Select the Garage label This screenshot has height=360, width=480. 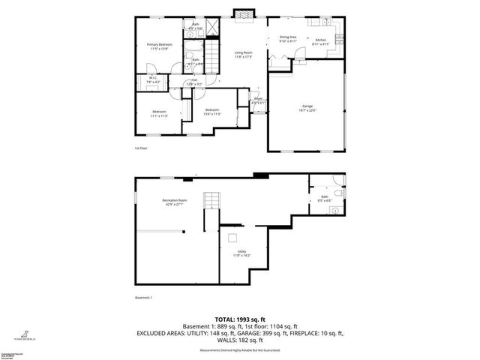308,106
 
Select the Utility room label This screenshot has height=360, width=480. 241,253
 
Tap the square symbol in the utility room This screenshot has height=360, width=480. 234,239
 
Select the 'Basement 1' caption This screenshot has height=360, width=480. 142,298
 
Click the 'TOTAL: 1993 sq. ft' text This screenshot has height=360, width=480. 240,319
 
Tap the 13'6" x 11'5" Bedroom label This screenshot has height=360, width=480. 212,112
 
